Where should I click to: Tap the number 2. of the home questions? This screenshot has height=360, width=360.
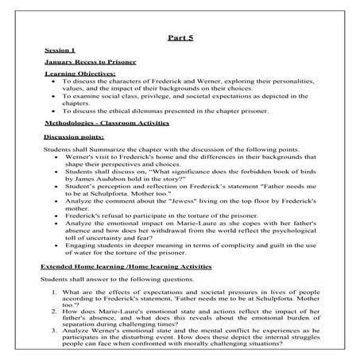(x=52, y=312)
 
